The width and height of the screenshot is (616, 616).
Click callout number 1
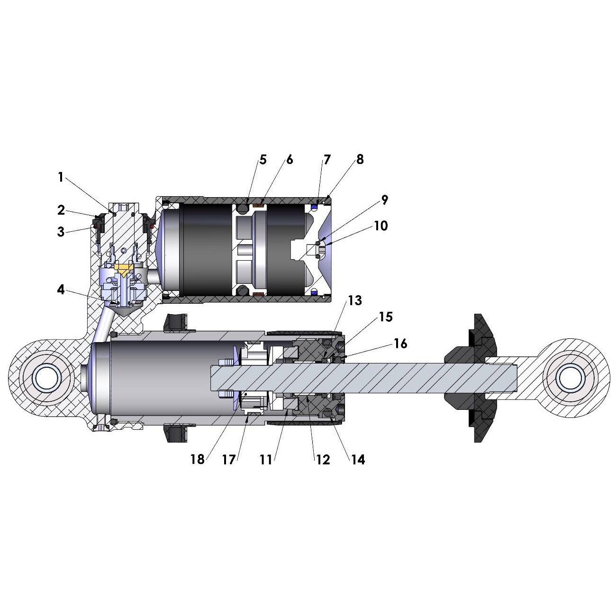(61, 177)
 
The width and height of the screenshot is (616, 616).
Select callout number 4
(61, 290)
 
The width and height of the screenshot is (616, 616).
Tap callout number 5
(263, 160)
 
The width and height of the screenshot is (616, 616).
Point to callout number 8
(360, 160)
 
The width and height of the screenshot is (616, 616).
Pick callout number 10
(381, 226)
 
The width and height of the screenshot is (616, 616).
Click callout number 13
(355, 300)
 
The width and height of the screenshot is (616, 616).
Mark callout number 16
(400, 344)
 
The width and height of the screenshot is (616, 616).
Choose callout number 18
(198, 460)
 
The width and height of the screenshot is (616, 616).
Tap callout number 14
(358, 460)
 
